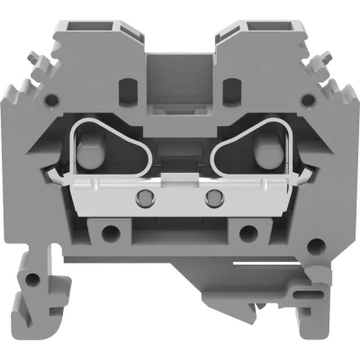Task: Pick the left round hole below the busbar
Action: [x=111, y=235]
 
